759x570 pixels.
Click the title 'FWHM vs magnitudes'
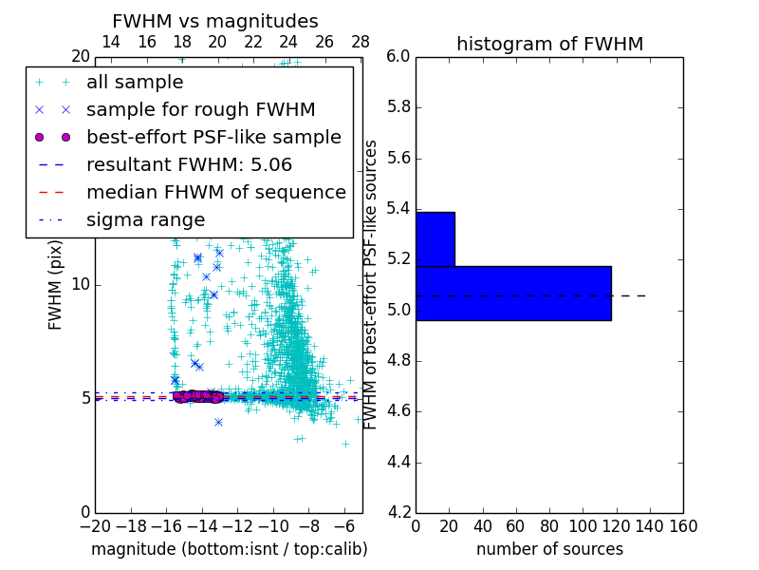[x=215, y=21]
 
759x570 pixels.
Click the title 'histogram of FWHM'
[x=549, y=44]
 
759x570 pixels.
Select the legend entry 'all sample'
[x=135, y=83]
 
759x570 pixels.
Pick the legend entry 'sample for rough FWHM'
[x=200, y=109]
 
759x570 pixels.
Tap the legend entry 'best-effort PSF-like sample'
[x=213, y=137]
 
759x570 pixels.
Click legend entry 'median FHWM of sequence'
[x=215, y=192]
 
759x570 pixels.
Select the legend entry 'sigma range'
[x=145, y=219]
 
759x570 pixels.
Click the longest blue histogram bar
[x=513, y=294]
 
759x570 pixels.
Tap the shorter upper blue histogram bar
[x=435, y=238]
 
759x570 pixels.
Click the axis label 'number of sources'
[x=549, y=549]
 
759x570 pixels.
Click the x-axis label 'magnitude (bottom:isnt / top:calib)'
[x=229, y=549]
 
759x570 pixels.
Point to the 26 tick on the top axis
[x=324, y=42]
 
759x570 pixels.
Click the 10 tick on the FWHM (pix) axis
[x=81, y=285]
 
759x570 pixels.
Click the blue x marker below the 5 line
[x=218, y=422]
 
